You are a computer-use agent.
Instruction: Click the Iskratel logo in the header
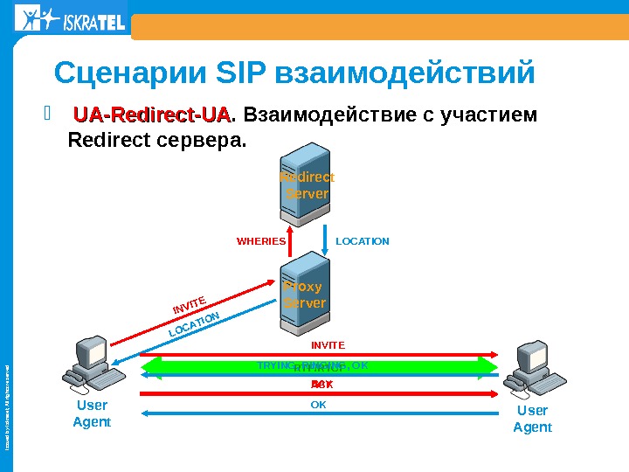click(70, 19)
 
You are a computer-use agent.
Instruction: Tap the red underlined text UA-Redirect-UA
click(152, 116)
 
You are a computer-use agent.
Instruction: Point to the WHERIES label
click(261, 240)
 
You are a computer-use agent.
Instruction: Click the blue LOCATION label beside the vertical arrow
click(363, 240)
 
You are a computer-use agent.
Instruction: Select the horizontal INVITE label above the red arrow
click(328, 345)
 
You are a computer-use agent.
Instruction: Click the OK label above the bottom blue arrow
click(319, 405)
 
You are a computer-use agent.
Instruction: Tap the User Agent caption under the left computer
click(92, 416)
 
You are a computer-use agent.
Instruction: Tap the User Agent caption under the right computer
click(532, 419)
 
